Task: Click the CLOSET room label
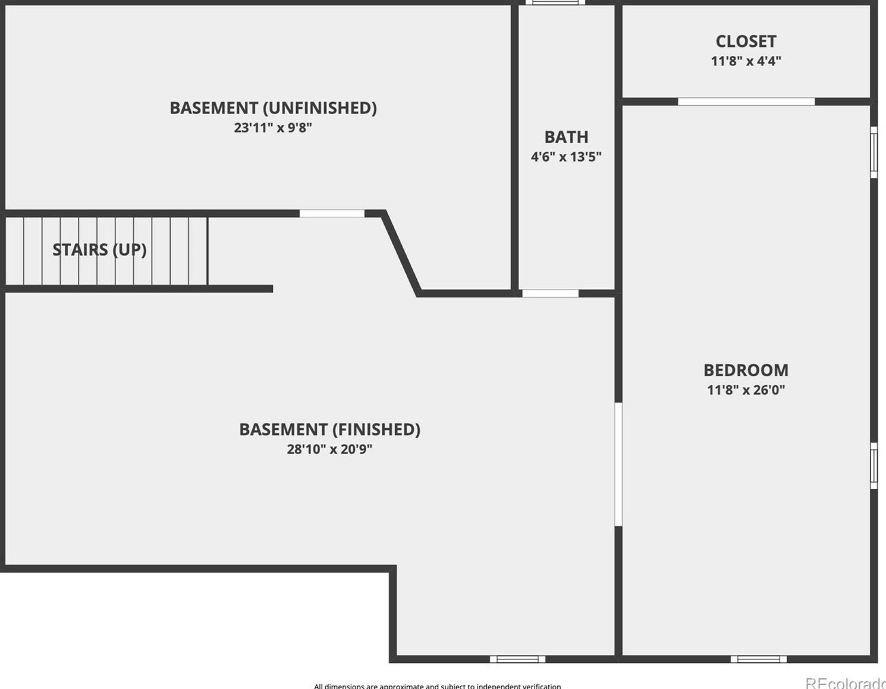pos(746,41)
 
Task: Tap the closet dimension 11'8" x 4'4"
pos(746,61)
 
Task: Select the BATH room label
pos(566,137)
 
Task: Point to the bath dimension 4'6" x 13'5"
pos(566,157)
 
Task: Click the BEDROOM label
pos(746,370)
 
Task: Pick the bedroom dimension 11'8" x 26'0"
pos(746,390)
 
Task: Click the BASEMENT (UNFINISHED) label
pos(273,108)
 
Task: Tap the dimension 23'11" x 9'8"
pos(273,127)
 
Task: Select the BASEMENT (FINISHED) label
pos(329,429)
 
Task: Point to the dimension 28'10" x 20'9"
pos(329,449)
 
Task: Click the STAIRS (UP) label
pos(99,250)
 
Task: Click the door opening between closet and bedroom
pos(746,102)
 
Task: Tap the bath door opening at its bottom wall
pos(550,293)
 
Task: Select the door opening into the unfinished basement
pos(332,213)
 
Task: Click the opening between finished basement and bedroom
pos(618,464)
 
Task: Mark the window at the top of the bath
pos(555,2)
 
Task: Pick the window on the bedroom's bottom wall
pos(758,659)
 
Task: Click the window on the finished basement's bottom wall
pos(517,659)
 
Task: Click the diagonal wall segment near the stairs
pos(401,253)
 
